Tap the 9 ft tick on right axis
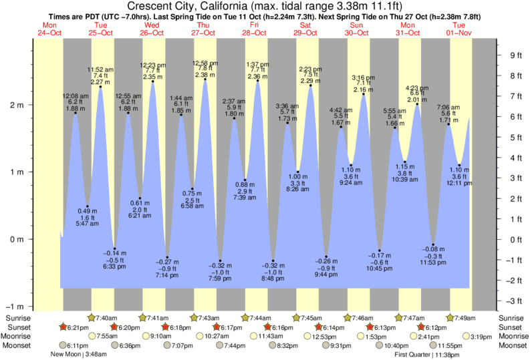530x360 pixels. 515,55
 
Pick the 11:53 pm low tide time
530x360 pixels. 433,270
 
